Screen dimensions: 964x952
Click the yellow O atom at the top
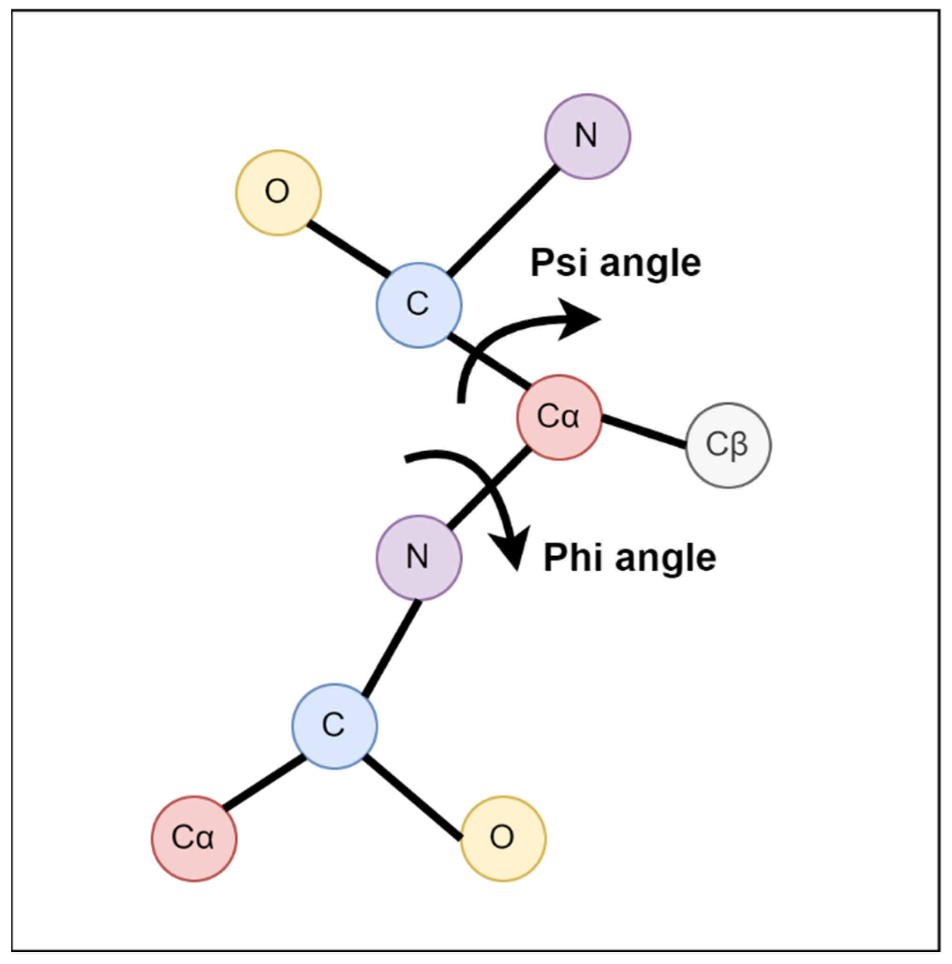point(278,192)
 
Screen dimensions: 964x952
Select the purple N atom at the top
point(587,136)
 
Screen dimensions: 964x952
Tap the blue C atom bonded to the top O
point(419,304)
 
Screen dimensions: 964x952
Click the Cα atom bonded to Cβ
point(559,417)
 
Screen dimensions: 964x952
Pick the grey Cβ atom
point(728,445)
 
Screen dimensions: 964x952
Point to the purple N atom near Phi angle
point(419,557)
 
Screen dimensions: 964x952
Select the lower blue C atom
point(334,726)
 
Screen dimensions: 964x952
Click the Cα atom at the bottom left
point(194,838)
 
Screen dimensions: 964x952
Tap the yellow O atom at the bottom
point(503,838)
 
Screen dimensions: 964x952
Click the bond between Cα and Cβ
point(644,431)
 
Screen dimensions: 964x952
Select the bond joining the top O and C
point(348,249)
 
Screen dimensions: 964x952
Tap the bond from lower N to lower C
point(391,648)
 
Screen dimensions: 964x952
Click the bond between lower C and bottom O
point(412,796)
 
